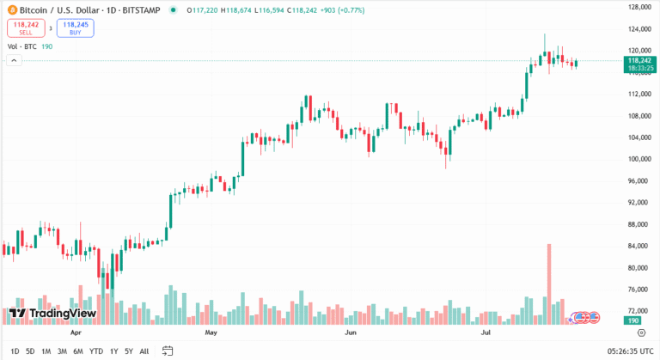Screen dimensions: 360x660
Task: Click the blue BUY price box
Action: (x=76, y=28)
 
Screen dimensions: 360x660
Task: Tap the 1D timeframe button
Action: (x=15, y=351)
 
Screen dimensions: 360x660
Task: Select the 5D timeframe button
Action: (x=30, y=351)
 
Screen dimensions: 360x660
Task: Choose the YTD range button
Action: (x=95, y=351)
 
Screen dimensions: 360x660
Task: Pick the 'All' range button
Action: (x=144, y=351)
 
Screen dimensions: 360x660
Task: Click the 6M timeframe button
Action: (x=78, y=351)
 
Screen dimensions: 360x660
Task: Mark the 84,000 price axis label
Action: (x=639, y=246)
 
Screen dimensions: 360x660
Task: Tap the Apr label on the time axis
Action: (x=76, y=331)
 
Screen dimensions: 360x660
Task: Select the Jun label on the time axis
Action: (x=350, y=331)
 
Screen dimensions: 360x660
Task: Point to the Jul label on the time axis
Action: (x=484, y=331)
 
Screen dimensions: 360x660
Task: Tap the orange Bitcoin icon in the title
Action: (x=10, y=9)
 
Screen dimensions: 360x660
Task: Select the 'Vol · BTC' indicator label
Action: (x=21, y=46)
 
